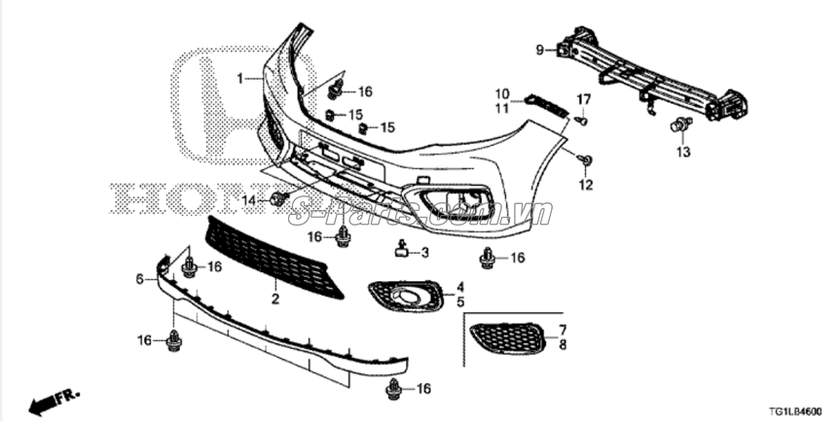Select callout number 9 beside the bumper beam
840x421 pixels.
point(538,50)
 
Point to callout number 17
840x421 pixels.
point(584,99)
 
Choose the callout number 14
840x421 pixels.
point(248,199)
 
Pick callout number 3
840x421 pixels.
point(424,253)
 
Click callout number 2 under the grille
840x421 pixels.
point(274,299)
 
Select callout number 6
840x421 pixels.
point(139,279)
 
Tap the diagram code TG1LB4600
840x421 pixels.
point(795,412)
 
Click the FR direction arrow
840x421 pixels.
point(54,401)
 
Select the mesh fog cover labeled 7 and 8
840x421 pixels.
point(507,336)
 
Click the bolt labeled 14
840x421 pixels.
point(277,199)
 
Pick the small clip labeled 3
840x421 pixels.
point(401,251)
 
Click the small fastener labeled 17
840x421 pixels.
point(581,121)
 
